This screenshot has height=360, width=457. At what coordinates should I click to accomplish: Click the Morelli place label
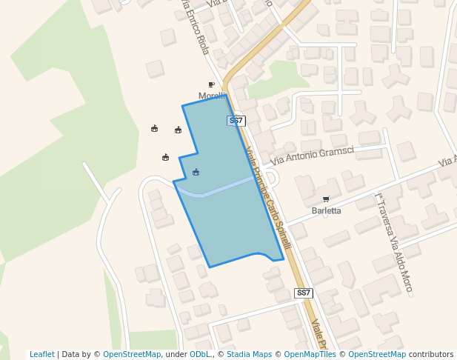[212, 96]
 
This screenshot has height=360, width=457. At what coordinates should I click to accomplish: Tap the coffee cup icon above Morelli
[212, 85]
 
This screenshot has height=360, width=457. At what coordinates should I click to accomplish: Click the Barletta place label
[327, 210]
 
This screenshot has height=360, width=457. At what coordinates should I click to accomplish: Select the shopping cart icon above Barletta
[326, 199]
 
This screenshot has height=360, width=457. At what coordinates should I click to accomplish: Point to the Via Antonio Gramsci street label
[312, 155]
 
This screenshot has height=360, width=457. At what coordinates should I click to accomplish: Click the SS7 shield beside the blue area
[236, 120]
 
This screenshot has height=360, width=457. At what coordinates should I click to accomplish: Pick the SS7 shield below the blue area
[304, 293]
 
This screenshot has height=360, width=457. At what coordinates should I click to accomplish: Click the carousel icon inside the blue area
[196, 173]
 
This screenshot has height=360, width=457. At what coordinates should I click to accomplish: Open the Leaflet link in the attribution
[41, 354]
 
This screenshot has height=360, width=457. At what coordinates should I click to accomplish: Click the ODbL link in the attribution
[201, 354]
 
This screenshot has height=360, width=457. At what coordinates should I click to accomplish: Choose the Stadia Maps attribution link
[249, 354]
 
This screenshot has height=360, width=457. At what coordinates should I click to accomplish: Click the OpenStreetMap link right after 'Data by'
[132, 354]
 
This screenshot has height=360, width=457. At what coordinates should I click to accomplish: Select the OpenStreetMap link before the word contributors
[377, 354]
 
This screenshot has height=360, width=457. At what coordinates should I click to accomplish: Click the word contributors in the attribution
[431, 354]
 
